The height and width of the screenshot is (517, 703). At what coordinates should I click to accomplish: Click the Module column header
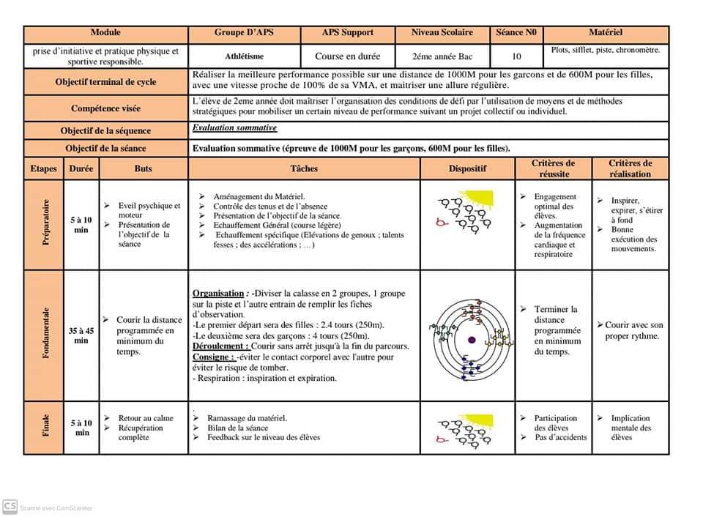(x=105, y=33)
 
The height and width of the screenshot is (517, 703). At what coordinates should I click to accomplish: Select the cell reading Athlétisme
(x=245, y=56)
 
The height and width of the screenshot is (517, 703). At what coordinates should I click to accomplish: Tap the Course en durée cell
(x=348, y=56)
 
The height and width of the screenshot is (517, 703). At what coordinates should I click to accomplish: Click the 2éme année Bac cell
(x=442, y=56)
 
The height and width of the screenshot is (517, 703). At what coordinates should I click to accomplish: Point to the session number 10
(x=517, y=56)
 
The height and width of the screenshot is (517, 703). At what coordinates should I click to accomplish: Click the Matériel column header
(x=606, y=33)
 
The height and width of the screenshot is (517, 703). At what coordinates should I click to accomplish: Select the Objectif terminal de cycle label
(x=105, y=83)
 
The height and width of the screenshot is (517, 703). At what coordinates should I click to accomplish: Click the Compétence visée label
(x=105, y=108)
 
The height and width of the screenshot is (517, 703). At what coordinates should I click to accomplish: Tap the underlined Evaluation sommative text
(x=235, y=128)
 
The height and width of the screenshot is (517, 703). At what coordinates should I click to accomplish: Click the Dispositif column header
(x=468, y=168)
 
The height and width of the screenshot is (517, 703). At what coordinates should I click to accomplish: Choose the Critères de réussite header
(x=553, y=168)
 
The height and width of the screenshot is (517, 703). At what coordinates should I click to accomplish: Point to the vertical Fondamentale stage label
(x=45, y=335)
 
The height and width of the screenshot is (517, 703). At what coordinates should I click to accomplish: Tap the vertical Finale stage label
(x=45, y=428)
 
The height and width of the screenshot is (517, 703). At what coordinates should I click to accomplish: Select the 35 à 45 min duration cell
(x=81, y=335)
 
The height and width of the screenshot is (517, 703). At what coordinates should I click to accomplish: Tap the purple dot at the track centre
(x=472, y=340)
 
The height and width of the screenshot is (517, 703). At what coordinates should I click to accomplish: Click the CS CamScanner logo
(x=10, y=506)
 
